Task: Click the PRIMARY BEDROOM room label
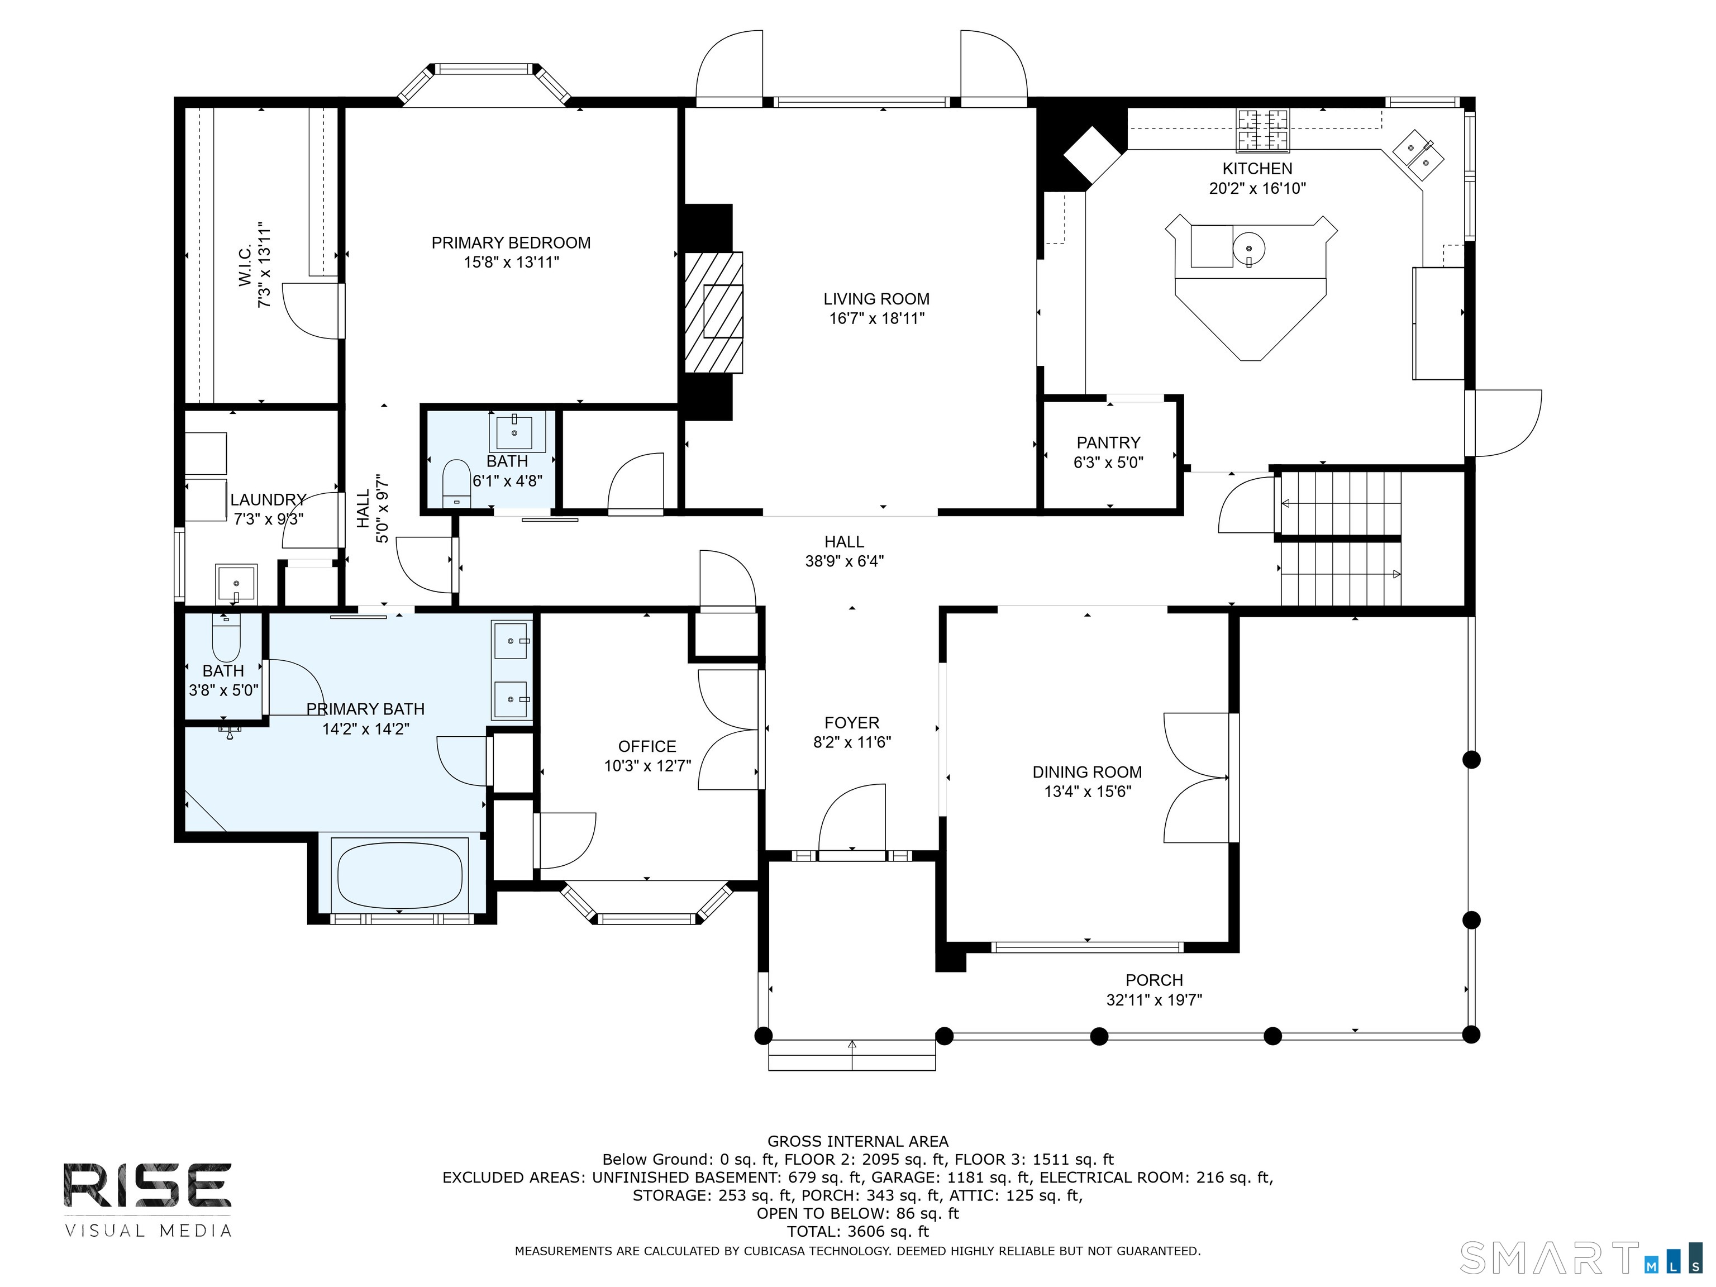click(x=511, y=243)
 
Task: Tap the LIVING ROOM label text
click(x=876, y=299)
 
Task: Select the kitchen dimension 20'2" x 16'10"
click(x=1257, y=188)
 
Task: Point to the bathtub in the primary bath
click(x=401, y=875)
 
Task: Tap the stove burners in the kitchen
click(x=1263, y=130)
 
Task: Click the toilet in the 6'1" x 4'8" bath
click(x=455, y=483)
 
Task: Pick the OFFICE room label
click(x=647, y=746)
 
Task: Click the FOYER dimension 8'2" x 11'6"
click(x=852, y=742)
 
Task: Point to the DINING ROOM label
click(x=1087, y=772)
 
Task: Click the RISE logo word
click(x=147, y=1185)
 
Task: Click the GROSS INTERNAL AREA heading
click(x=857, y=1141)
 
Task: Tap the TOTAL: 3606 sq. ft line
click(x=857, y=1231)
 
